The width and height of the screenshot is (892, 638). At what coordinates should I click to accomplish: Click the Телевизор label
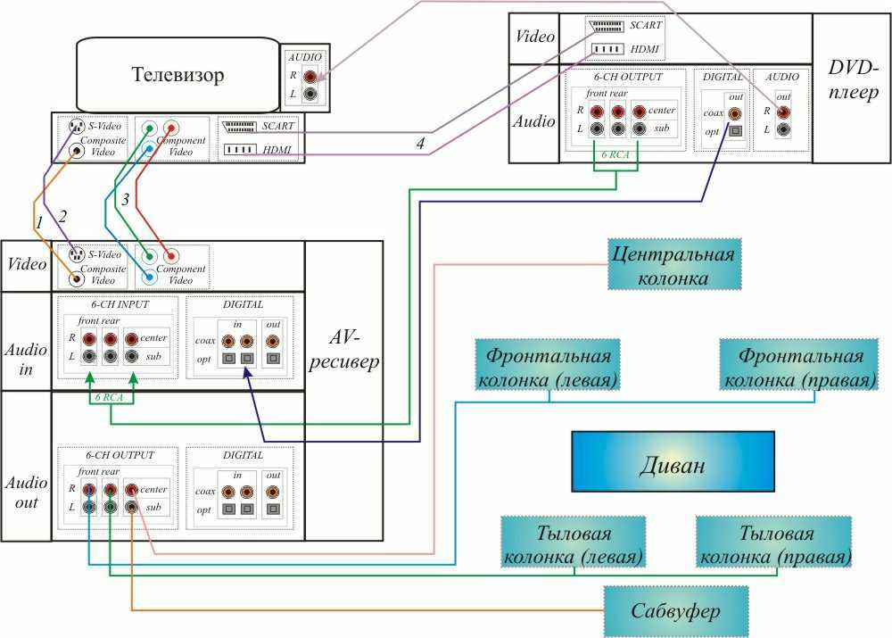[x=178, y=75]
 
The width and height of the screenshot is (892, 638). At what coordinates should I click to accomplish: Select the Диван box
[x=673, y=461]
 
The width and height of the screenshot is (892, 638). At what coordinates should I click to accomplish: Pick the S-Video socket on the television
[x=77, y=127]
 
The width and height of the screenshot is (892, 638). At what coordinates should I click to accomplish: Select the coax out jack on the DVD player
[x=735, y=113]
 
